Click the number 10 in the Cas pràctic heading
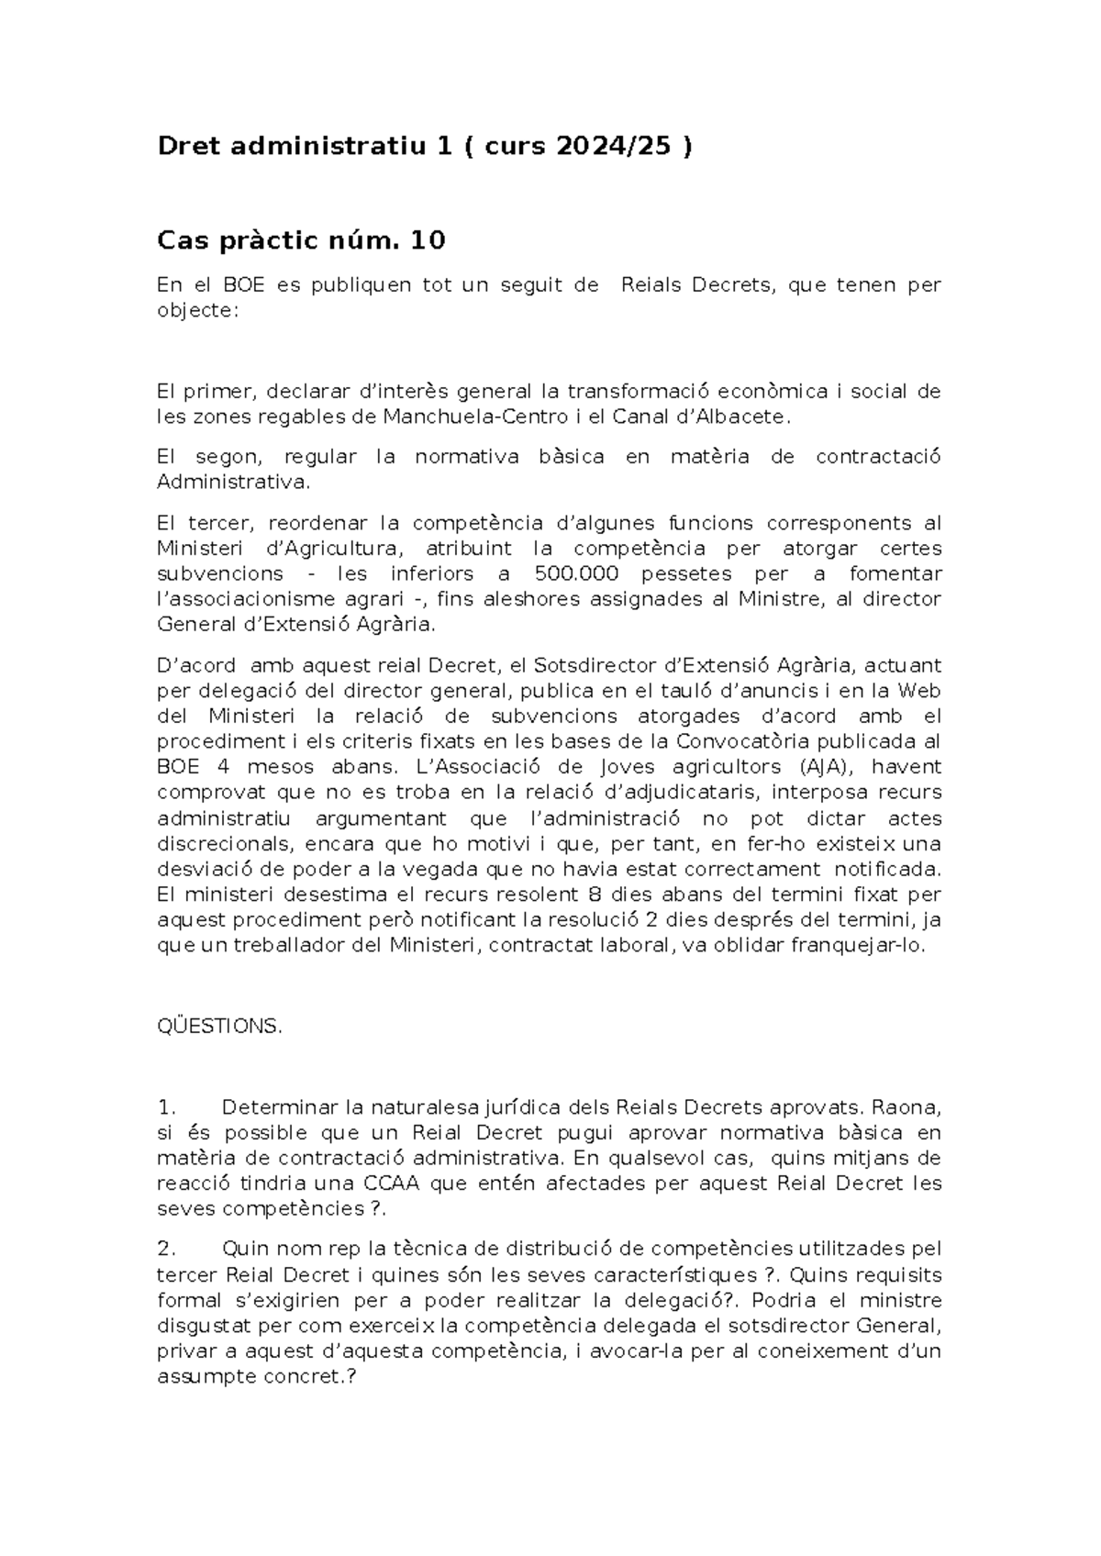point(428,240)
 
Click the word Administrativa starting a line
point(235,483)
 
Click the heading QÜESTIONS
point(219,1027)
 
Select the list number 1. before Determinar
point(166,1107)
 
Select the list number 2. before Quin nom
point(166,1250)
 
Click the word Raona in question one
point(907,1107)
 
